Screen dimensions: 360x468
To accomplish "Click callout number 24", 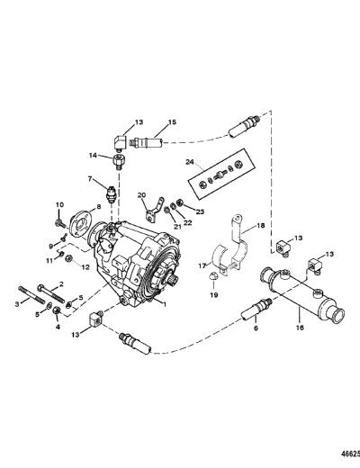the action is [190, 162].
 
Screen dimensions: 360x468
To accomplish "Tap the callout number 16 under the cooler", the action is [300, 328].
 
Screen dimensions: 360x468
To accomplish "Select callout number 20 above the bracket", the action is [141, 195].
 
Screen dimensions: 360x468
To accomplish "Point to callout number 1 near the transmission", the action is [165, 303].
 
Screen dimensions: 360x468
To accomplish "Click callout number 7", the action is [90, 179].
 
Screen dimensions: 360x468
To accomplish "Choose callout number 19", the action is [214, 294].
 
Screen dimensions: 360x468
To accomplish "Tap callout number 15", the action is [172, 122].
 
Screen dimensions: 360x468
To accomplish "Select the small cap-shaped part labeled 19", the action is [212, 276].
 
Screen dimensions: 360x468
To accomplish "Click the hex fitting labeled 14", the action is [119, 162].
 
